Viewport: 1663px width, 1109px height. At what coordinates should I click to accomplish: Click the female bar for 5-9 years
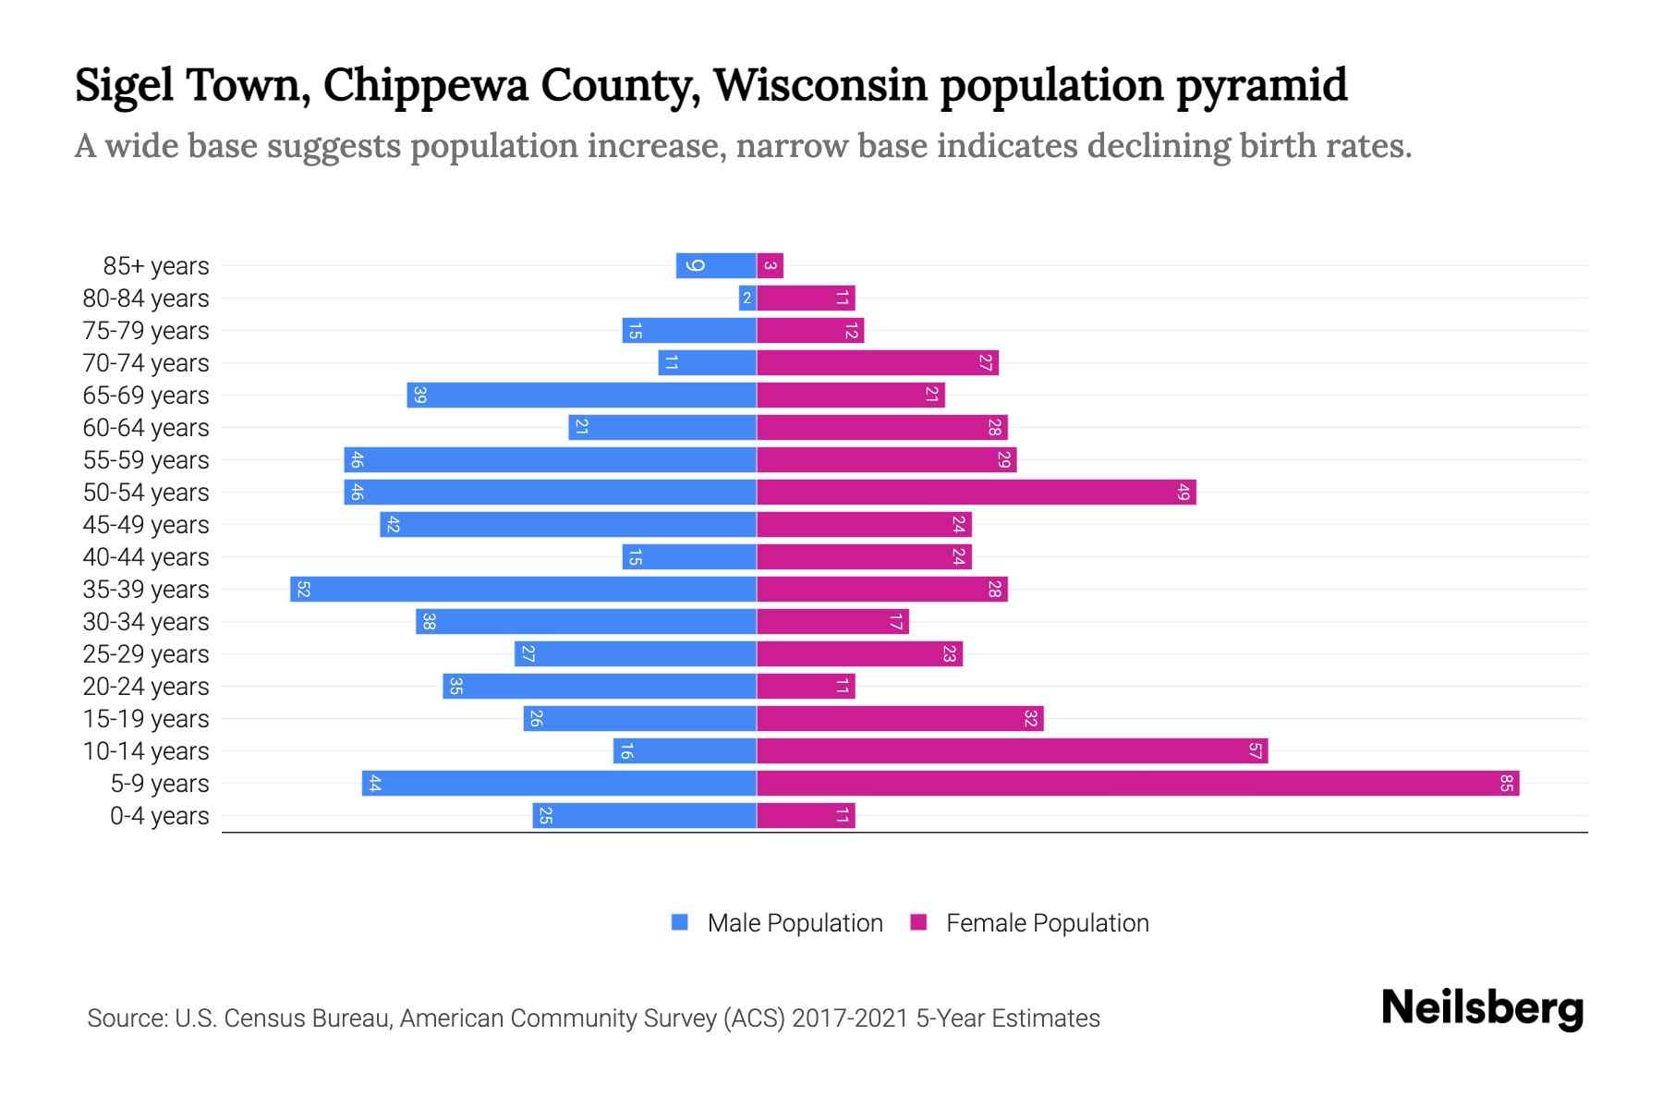pyautogui.click(x=1136, y=784)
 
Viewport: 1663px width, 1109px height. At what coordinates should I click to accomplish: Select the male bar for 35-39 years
pyautogui.click(x=523, y=590)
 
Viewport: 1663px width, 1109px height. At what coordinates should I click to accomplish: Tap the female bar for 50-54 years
pyautogui.click(x=976, y=493)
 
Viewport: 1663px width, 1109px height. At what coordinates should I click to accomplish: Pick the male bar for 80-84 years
pyautogui.click(x=747, y=299)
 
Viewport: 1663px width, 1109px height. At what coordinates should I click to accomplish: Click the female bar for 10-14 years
pyautogui.click(x=1012, y=751)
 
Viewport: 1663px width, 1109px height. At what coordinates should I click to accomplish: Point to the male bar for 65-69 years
pyautogui.click(x=582, y=396)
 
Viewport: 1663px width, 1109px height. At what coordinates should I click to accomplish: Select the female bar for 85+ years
pyautogui.click(x=770, y=266)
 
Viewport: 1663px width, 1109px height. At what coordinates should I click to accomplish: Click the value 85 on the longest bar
pyautogui.click(x=1506, y=784)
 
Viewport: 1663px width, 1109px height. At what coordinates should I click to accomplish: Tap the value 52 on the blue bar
pyautogui.click(x=303, y=590)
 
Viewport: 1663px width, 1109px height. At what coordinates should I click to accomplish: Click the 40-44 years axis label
pyautogui.click(x=146, y=557)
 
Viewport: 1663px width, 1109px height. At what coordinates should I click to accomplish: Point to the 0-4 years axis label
pyautogui.click(x=159, y=816)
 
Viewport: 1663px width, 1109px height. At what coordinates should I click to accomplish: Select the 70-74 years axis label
pyautogui.click(x=146, y=363)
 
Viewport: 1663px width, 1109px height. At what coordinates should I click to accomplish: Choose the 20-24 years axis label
pyautogui.click(x=146, y=687)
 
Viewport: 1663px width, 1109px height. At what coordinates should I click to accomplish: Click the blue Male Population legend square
pyautogui.click(x=680, y=922)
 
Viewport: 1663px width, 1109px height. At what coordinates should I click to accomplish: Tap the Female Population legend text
pyautogui.click(x=1047, y=922)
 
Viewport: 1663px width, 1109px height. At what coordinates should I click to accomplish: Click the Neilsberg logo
pyautogui.click(x=1482, y=1008)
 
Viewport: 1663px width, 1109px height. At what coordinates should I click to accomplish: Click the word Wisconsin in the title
pyautogui.click(x=819, y=85)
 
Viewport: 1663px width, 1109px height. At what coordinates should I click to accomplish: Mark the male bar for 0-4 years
pyautogui.click(x=644, y=816)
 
